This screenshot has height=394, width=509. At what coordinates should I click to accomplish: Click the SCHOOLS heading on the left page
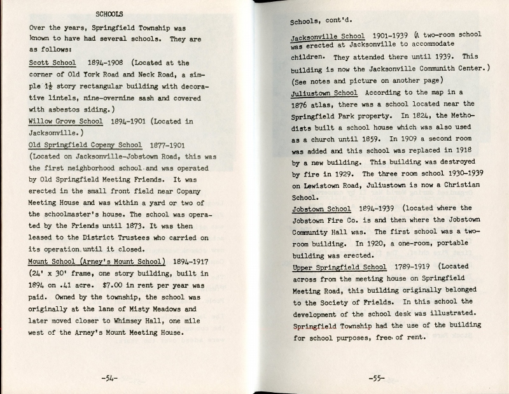coord(109,13)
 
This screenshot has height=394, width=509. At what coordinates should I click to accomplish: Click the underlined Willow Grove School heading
coord(66,121)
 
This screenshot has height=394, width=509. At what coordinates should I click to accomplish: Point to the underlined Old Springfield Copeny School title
coord(85,144)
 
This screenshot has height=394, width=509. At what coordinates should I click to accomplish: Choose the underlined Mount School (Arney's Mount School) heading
coord(97,261)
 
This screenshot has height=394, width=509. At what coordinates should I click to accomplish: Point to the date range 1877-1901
coord(171,144)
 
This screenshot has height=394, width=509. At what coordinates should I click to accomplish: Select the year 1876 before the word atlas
coord(303,104)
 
